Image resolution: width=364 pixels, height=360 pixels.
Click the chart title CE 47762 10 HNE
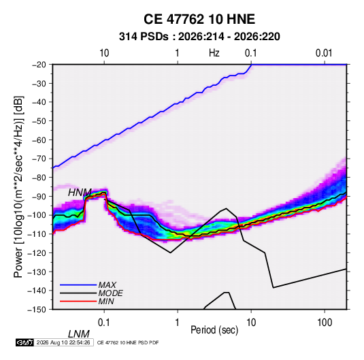(x=199, y=19)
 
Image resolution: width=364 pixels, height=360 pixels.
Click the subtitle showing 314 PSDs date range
(x=199, y=37)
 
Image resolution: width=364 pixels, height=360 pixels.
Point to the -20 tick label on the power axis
(x=39, y=65)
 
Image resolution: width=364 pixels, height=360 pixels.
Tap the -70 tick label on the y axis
(x=39, y=159)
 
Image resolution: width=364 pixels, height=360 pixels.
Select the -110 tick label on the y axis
(x=37, y=234)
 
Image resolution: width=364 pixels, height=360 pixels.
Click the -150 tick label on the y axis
(x=37, y=310)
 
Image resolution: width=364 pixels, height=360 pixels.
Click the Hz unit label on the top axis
(x=214, y=53)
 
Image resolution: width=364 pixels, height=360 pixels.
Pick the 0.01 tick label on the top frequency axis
(x=324, y=53)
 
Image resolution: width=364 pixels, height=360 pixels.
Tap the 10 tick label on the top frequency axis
(x=104, y=53)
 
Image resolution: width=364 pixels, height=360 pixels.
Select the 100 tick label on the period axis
(x=325, y=323)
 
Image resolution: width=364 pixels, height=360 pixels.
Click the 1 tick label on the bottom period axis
(x=178, y=323)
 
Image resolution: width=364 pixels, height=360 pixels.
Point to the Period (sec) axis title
(x=214, y=330)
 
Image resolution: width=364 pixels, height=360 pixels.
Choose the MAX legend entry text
(x=107, y=284)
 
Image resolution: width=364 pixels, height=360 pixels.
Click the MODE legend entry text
(x=110, y=293)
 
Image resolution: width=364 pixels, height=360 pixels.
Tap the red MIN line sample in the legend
(x=78, y=301)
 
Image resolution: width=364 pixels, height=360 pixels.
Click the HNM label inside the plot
(x=80, y=193)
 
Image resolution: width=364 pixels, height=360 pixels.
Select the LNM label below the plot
(x=79, y=334)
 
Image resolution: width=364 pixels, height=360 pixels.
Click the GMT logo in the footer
(x=24, y=342)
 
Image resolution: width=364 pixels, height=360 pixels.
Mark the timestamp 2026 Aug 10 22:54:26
(x=63, y=342)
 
